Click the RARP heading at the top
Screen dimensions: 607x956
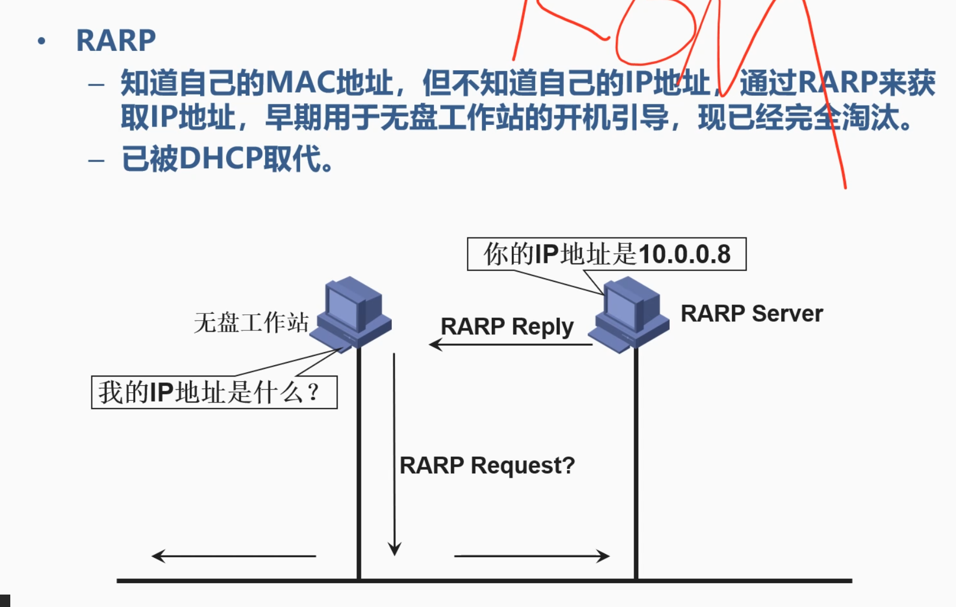click(116, 41)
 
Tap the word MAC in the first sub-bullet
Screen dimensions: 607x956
click(301, 83)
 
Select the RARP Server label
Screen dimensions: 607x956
click(751, 314)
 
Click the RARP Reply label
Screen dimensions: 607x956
click(507, 326)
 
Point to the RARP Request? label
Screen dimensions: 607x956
click(487, 465)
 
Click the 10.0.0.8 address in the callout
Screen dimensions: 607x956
click(684, 254)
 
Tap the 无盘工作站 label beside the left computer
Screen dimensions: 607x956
click(251, 322)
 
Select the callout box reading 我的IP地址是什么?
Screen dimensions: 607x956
click(214, 392)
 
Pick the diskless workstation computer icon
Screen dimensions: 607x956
click(352, 313)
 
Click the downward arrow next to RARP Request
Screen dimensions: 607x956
click(394, 454)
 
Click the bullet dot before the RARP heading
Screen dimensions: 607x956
click(42, 41)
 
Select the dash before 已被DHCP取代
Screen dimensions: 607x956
click(96, 160)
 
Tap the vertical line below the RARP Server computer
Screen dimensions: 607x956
click(636, 465)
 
